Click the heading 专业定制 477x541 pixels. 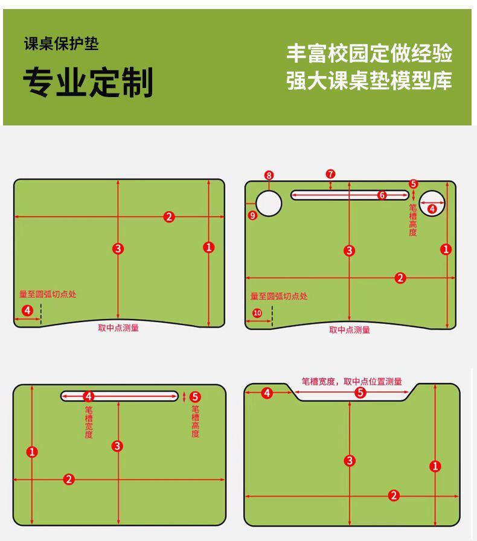pyautogui.click(x=88, y=82)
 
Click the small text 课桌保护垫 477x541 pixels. pyautogui.click(x=61, y=45)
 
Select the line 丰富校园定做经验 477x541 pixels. pyautogui.click(x=369, y=53)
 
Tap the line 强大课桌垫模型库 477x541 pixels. pyautogui.click(x=369, y=81)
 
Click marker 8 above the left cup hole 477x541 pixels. pyautogui.click(x=269, y=176)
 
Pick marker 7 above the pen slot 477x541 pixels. pyautogui.click(x=330, y=174)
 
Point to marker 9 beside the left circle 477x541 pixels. pyautogui.click(x=252, y=215)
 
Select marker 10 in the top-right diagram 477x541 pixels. pyautogui.click(x=257, y=313)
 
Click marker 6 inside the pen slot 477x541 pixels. pyautogui.click(x=382, y=195)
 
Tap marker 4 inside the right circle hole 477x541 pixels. pyautogui.click(x=432, y=209)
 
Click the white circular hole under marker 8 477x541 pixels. pyautogui.click(x=269, y=203)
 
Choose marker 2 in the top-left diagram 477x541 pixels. pyautogui.click(x=168, y=217)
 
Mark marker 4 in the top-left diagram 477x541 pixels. pyautogui.click(x=27, y=311)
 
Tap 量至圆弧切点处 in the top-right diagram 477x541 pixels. pyautogui.click(x=278, y=296)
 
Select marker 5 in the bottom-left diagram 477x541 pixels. pyautogui.click(x=194, y=396)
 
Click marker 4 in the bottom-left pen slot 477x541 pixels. pyautogui.click(x=89, y=396)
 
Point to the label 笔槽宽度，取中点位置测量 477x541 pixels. pyautogui.click(x=351, y=381)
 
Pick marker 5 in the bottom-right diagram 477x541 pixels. pyautogui.click(x=360, y=393)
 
